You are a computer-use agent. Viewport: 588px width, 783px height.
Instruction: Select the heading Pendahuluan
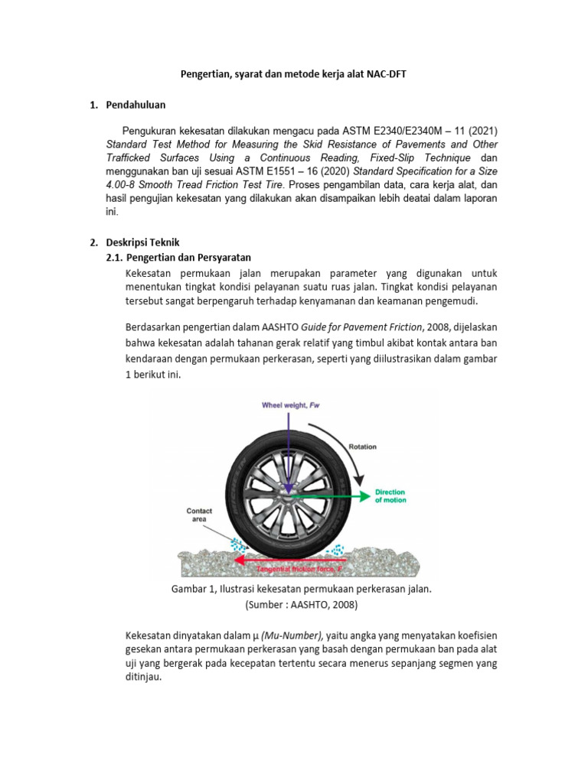136,105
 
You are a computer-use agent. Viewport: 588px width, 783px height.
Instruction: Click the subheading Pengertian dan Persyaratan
188,257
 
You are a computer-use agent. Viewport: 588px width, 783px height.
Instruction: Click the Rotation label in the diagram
363,446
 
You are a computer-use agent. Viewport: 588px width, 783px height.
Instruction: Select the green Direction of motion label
390,495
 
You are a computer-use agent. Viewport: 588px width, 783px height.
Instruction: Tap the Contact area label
200,514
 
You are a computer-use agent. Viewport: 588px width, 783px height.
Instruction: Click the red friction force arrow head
240,560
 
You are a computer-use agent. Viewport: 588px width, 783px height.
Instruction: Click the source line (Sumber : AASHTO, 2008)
301,605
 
